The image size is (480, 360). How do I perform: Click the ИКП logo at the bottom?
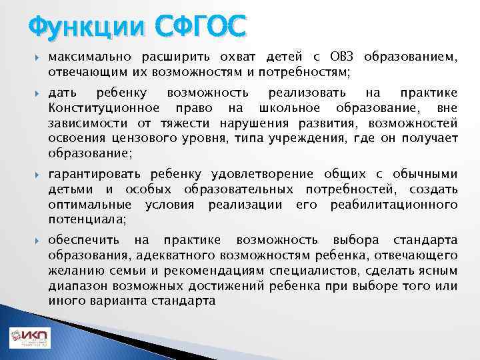coord(29,339)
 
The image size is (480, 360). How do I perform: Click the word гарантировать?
coord(93,174)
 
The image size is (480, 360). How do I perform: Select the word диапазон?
coord(76,286)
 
